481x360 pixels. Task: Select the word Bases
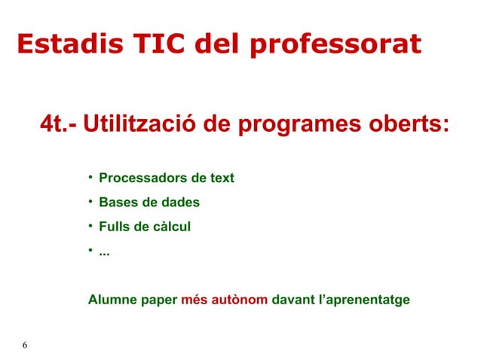pyautogui.click(x=117, y=203)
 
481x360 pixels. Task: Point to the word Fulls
pyautogui.click(x=114, y=227)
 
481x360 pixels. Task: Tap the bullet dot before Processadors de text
pyautogui.click(x=89, y=178)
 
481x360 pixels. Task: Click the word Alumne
pyautogui.click(x=112, y=300)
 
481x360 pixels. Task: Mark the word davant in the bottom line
pyautogui.click(x=293, y=300)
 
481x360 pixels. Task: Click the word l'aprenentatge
pyautogui.click(x=364, y=300)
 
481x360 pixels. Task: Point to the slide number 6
pyautogui.click(x=25, y=345)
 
